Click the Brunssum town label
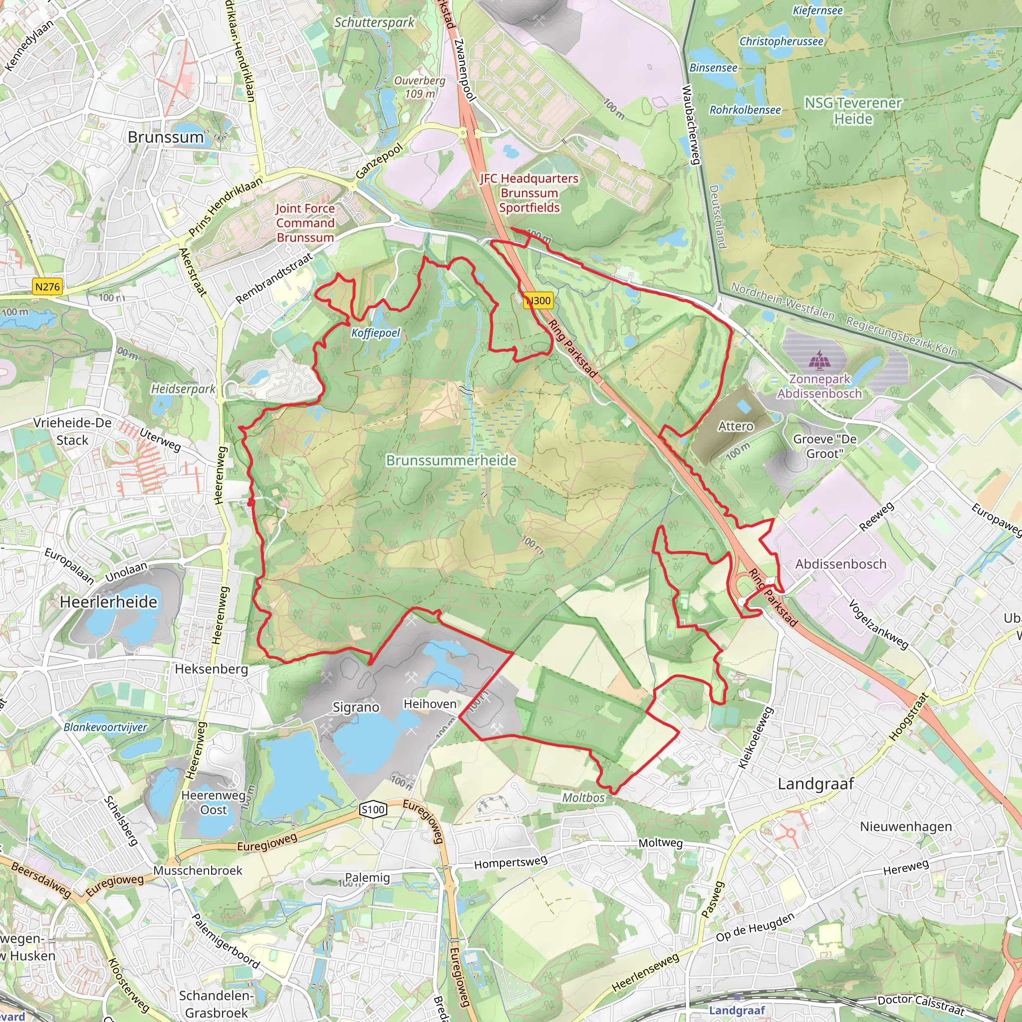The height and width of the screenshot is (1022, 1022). (x=166, y=137)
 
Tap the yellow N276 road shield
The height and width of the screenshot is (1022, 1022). (x=47, y=287)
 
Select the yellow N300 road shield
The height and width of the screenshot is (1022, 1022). (x=538, y=300)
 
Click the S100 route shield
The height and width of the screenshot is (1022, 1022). (x=373, y=809)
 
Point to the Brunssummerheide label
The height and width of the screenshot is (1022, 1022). (x=451, y=460)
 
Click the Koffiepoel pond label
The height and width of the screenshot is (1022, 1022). (x=376, y=333)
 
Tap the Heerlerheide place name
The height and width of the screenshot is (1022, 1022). (x=108, y=602)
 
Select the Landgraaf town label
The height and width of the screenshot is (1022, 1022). (x=816, y=784)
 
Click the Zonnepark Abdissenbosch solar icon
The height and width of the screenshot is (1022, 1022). (x=819, y=360)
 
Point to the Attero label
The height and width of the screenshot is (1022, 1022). (x=735, y=426)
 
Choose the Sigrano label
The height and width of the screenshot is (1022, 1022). (x=356, y=707)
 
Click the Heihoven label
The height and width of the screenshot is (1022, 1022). (x=430, y=704)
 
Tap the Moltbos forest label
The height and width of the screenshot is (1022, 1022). (x=583, y=798)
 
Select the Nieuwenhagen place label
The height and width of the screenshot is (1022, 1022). (x=906, y=826)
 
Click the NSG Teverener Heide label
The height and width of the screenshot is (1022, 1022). (x=853, y=111)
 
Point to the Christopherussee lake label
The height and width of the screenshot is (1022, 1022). (x=781, y=41)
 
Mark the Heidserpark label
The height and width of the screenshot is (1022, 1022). (x=183, y=389)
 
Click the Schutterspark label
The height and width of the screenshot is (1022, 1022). (x=375, y=22)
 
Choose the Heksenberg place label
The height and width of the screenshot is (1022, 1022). (x=211, y=669)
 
